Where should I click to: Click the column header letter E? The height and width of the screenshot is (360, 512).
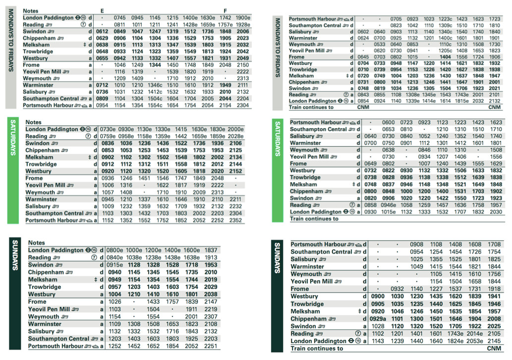(102, 11)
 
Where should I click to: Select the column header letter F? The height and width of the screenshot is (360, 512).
(225, 11)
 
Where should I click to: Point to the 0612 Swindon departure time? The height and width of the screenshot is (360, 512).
(102, 31)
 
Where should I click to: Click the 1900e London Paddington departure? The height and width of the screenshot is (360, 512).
(243, 18)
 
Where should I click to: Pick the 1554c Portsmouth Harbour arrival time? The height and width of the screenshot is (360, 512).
(155, 105)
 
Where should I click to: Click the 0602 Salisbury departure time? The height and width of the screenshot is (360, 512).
(363, 32)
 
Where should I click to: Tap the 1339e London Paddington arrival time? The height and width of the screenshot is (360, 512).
(412, 101)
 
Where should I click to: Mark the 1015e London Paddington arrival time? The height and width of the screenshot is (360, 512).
(389, 212)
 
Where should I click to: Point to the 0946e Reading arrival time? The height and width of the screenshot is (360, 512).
(389, 205)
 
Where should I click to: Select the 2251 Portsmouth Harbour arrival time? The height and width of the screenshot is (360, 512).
(211, 346)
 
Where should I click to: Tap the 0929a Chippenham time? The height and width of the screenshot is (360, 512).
(378, 319)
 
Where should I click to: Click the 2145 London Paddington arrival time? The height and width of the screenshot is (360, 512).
(494, 341)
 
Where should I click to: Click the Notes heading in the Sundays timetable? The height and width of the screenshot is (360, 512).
(37, 243)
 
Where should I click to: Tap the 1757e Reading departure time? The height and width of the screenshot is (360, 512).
(225, 25)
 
